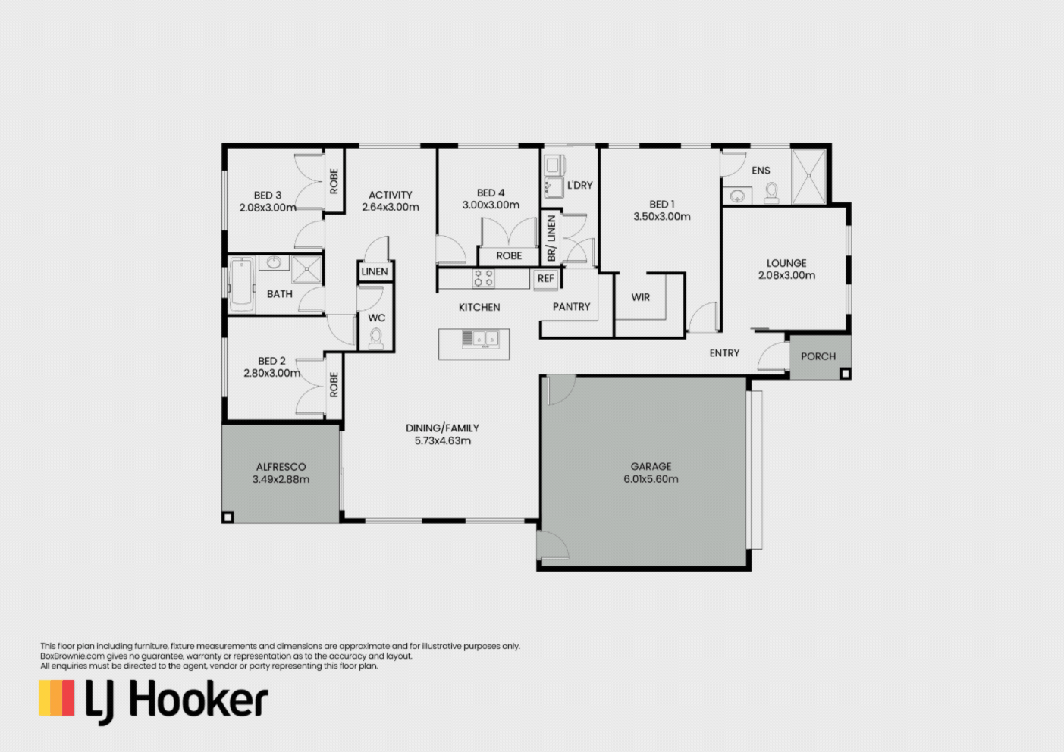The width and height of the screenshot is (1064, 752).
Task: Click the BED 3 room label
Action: pyautogui.click(x=268, y=196)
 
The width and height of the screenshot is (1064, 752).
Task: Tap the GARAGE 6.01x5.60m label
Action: pyautogui.click(x=651, y=472)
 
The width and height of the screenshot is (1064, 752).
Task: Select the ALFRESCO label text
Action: pyautogui.click(x=281, y=467)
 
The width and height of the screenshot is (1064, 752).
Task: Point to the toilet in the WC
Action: pyautogui.click(x=375, y=339)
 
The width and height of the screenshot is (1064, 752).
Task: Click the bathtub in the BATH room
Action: pyautogui.click(x=241, y=284)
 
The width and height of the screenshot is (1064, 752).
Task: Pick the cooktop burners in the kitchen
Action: pyautogui.click(x=484, y=278)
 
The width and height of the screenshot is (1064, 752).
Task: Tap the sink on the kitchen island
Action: pyautogui.click(x=480, y=338)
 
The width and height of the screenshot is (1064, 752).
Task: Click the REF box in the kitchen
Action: pyautogui.click(x=546, y=279)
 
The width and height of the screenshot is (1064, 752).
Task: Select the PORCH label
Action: pyautogui.click(x=818, y=356)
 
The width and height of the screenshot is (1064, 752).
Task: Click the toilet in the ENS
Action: pyautogui.click(x=771, y=193)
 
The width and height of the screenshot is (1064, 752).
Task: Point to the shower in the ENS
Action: pyautogui.click(x=809, y=177)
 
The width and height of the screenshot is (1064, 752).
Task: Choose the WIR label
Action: pyautogui.click(x=641, y=297)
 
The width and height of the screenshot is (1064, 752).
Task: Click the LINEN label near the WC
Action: pyautogui.click(x=375, y=271)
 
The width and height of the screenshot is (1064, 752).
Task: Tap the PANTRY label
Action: pyautogui.click(x=571, y=307)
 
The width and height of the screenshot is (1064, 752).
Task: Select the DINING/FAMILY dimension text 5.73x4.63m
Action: pyautogui.click(x=442, y=441)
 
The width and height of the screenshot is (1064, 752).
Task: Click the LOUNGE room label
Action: pyautogui.click(x=786, y=263)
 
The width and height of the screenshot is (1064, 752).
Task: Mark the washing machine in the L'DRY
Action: pyautogui.click(x=552, y=164)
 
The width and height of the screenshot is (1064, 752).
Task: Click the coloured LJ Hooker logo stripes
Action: pyautogui.click(x=57, y=698)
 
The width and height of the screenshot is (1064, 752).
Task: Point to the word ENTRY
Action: pyautogui.click(x=724, y=353)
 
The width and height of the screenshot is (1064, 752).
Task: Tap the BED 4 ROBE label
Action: pyautogui.click(x=509, y=256)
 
